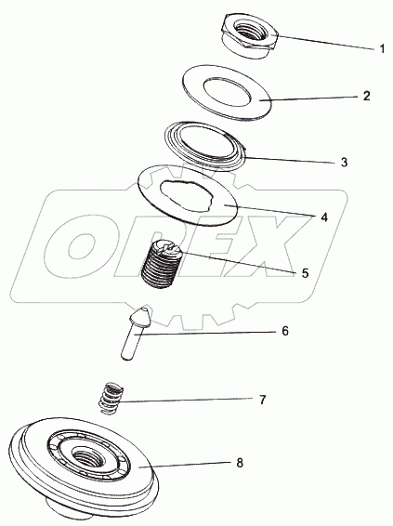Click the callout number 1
[x=382, y=49]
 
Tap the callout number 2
[x=366, y=96]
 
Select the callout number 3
[x=345, y=163]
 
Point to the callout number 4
[x=323, y=217]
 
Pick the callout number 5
[x=305, y=273]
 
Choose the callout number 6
[x=284, y=331]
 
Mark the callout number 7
[x=262, y=400]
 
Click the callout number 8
[x=240, y=463]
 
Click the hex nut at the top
[x=250, y=36]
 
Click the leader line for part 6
[x=206, y=333]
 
